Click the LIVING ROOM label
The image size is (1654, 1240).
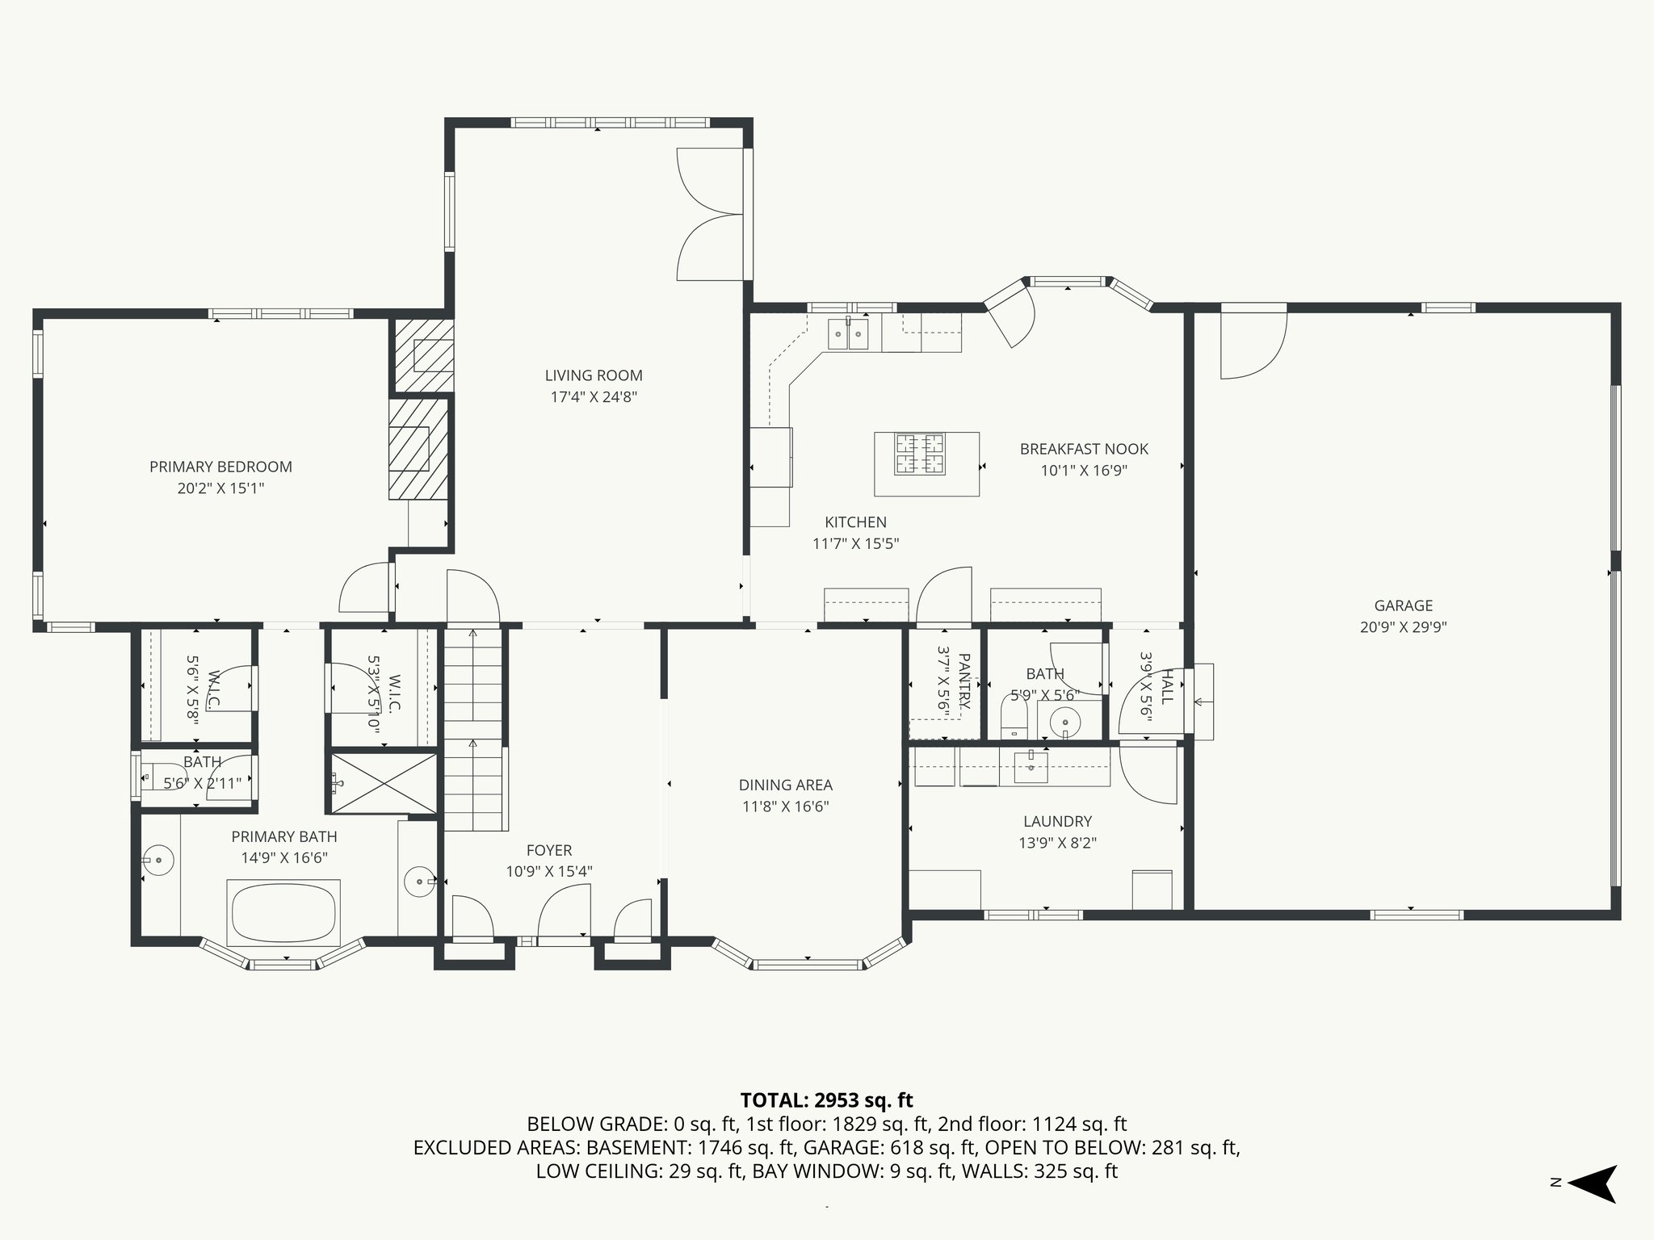[x=594, y=375]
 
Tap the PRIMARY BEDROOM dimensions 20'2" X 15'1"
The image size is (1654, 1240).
[x=220, y=488]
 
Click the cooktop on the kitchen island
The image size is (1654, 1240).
[x=919, y=454]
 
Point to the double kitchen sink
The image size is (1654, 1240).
[x=847, y=333]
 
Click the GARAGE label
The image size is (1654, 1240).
[x=1403, y=605]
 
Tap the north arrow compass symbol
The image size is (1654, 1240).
[x=1590, y=1184]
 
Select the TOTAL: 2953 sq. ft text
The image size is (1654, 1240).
[x=826, y=1100]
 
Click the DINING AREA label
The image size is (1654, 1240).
[x=785, y=785]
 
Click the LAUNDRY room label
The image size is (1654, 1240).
[x=1057, y=822]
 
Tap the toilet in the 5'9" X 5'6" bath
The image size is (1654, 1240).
[x=1013, y=717]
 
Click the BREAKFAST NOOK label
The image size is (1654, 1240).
[x=1083, y=449]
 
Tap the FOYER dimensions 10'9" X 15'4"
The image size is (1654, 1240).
[x=549, y=872]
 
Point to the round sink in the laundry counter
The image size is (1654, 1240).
[x=1031, y=767]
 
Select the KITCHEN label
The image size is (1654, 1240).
[x=855, y=522]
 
